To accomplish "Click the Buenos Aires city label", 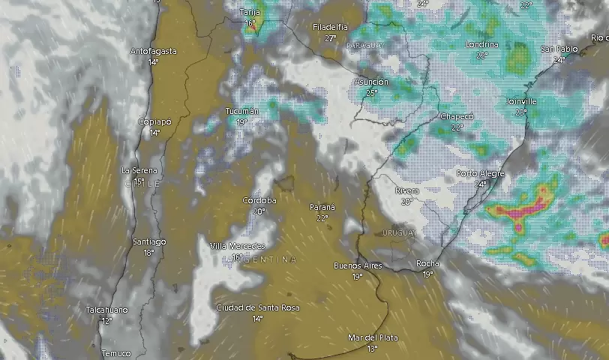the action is tap(358, 266).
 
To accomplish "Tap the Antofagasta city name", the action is tap(154, 51).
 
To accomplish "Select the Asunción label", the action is tap(371, 82).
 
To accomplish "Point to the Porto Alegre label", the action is tap(480, 174).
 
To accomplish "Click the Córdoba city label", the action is tap(259, 201).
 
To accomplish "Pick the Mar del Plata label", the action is tap(373, 338).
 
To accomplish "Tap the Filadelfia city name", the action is tap(330, 27).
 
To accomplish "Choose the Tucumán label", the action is tap(242, 112).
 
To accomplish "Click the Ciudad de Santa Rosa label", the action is tap(257, 308).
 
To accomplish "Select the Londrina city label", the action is tap(481, 45).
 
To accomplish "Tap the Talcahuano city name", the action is tap(106, 310).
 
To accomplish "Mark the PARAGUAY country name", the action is tap(365, 46).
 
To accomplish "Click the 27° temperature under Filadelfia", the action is tap(330, 37).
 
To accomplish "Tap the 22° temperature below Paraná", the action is tap(322, 218).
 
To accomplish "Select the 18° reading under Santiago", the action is tap(148, 253).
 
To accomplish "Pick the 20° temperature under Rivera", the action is tap(406, 202).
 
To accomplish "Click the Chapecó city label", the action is tap(456, 117).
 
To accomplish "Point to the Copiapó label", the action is tap(154, 121).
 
